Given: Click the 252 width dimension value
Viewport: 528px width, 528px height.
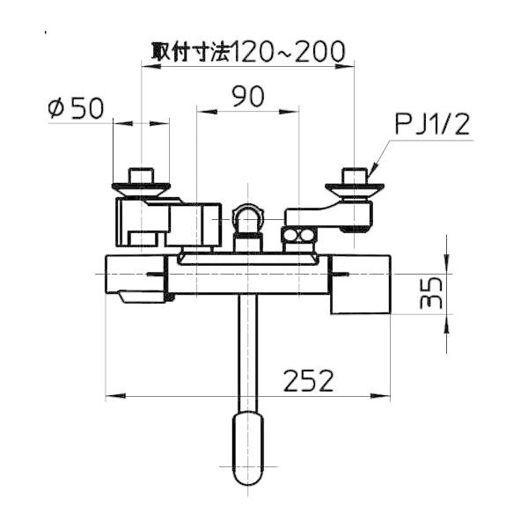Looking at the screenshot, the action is (309, 381).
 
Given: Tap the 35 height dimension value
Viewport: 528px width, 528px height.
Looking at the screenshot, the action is (431, 293).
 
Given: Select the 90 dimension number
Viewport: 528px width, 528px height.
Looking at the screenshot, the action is (248, 96).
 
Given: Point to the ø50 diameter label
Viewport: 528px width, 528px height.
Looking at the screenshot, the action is (76, 108).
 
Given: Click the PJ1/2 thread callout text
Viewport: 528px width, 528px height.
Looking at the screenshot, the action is (432, 124).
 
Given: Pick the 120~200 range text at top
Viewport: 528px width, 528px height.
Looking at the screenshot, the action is (289, 52).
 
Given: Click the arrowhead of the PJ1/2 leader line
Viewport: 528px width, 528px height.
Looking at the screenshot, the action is (373, 170).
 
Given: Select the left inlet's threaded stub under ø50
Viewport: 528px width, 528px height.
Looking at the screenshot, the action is (141, 176).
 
